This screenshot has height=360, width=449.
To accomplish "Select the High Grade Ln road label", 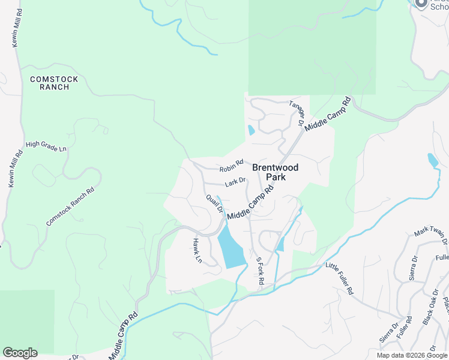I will coord(46,146).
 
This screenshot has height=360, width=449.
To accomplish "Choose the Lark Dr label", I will coord(235,181).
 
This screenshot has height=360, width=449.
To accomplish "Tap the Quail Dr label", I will coord(214,203).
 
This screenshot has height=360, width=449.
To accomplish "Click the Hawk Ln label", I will coord(196,251).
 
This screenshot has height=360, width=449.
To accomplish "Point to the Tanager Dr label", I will coord(297,113).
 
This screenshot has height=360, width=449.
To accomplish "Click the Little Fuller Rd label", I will coord(340,278).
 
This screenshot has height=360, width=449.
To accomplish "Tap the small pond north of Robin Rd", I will coord(251,130).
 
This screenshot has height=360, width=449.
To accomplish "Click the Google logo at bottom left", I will coord(20,353).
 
